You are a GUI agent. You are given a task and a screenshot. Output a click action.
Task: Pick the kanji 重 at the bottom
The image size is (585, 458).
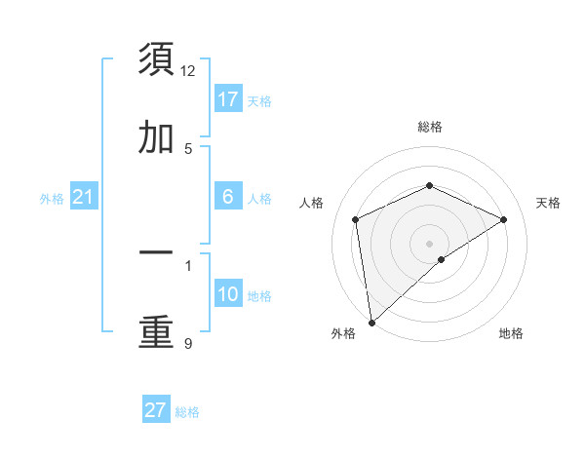(x=157, y=332)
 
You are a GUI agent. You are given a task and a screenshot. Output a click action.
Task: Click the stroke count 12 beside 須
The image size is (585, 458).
(x=188, y=70)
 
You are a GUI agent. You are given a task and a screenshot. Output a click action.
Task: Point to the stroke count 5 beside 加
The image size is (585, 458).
(x=188, y=149)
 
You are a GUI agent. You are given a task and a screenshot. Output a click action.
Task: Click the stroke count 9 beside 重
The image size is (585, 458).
(x=188, y=344)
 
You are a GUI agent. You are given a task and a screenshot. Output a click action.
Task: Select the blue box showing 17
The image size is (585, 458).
(x=228, y=99)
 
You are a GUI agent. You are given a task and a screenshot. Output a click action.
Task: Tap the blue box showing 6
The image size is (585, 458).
(x=228, y=197)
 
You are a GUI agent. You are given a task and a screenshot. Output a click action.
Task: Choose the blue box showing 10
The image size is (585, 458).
(x=228, y=294)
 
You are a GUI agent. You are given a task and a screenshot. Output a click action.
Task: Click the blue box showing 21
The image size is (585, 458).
(x=83, y=198)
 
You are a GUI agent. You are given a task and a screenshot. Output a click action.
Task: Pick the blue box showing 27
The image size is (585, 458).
(x=155, y=410)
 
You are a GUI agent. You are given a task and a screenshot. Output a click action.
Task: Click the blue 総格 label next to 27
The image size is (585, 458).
(x=187, y=412)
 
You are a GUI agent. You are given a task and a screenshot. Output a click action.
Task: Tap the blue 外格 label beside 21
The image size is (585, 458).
(x=52, y=199)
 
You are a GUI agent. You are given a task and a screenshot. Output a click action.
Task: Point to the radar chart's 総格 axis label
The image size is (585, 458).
(x=429, y=127)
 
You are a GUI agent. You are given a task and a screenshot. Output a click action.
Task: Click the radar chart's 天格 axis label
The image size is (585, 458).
(x=549, y=203)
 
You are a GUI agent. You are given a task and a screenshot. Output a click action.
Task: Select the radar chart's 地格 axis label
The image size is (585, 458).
(x=511, y=333)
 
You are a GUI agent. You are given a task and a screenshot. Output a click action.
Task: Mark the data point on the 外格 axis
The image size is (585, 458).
(x=371, y=322)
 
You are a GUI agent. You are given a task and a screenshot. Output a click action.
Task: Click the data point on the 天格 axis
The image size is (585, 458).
(x=504, y=219)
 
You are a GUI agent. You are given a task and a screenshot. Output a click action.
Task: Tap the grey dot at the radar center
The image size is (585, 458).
(x=429, y=243)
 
